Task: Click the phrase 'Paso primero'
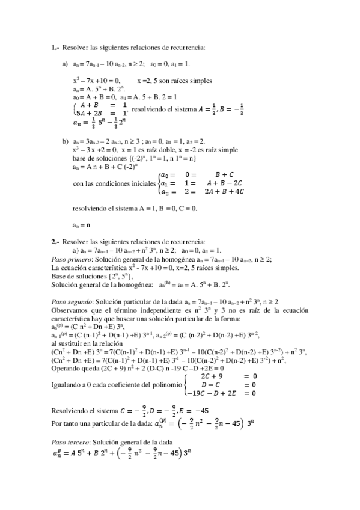[x=69, y=259]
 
